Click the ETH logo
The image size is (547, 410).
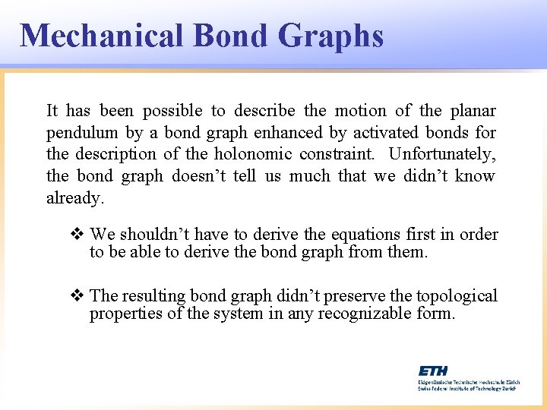point(433,370)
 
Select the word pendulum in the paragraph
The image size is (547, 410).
point(82,133)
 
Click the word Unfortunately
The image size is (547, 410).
point(442,154)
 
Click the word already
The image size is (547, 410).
point(74,198)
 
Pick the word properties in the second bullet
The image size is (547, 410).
point(125,313)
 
